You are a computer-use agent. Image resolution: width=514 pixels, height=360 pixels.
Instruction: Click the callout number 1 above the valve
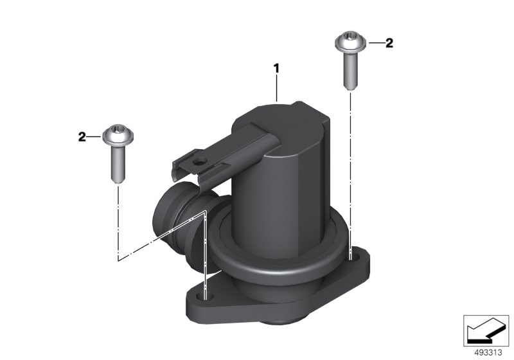click(x=277, y=69)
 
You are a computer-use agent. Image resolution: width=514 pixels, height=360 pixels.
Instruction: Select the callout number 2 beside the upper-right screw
click(x=389, y=43)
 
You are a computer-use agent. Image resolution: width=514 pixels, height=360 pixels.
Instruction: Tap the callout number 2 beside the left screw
click(x=82, y=137)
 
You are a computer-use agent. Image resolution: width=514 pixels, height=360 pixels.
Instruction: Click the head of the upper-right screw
click(x=350, y=42)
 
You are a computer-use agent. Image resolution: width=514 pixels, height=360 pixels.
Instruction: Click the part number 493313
click(x=488, y=353)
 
